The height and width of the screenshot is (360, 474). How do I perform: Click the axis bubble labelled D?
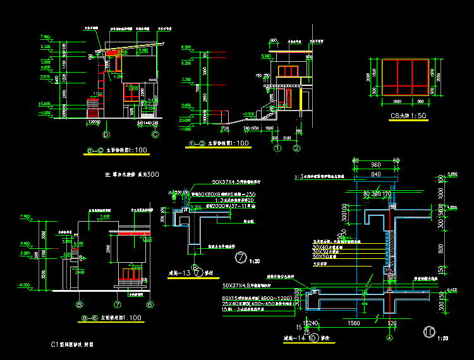pos(106,135)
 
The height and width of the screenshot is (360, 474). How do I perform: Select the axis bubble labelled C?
pos(155,135)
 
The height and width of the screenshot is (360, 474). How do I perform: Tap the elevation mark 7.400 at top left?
pos(45,37)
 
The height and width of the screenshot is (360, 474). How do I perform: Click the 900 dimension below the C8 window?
pos(420,101)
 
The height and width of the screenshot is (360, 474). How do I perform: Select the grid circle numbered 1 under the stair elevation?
pos(277,148)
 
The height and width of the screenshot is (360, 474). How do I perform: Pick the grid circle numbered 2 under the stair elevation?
pos(296,148)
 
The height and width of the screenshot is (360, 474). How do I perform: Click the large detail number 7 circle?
pos(240,257)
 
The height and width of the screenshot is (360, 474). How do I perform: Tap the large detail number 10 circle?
pos(429,330)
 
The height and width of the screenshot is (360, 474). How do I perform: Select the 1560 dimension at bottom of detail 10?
pos(354,323)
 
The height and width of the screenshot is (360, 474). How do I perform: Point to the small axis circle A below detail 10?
pos(389,338)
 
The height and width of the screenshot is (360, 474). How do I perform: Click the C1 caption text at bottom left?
pos(72,345)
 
